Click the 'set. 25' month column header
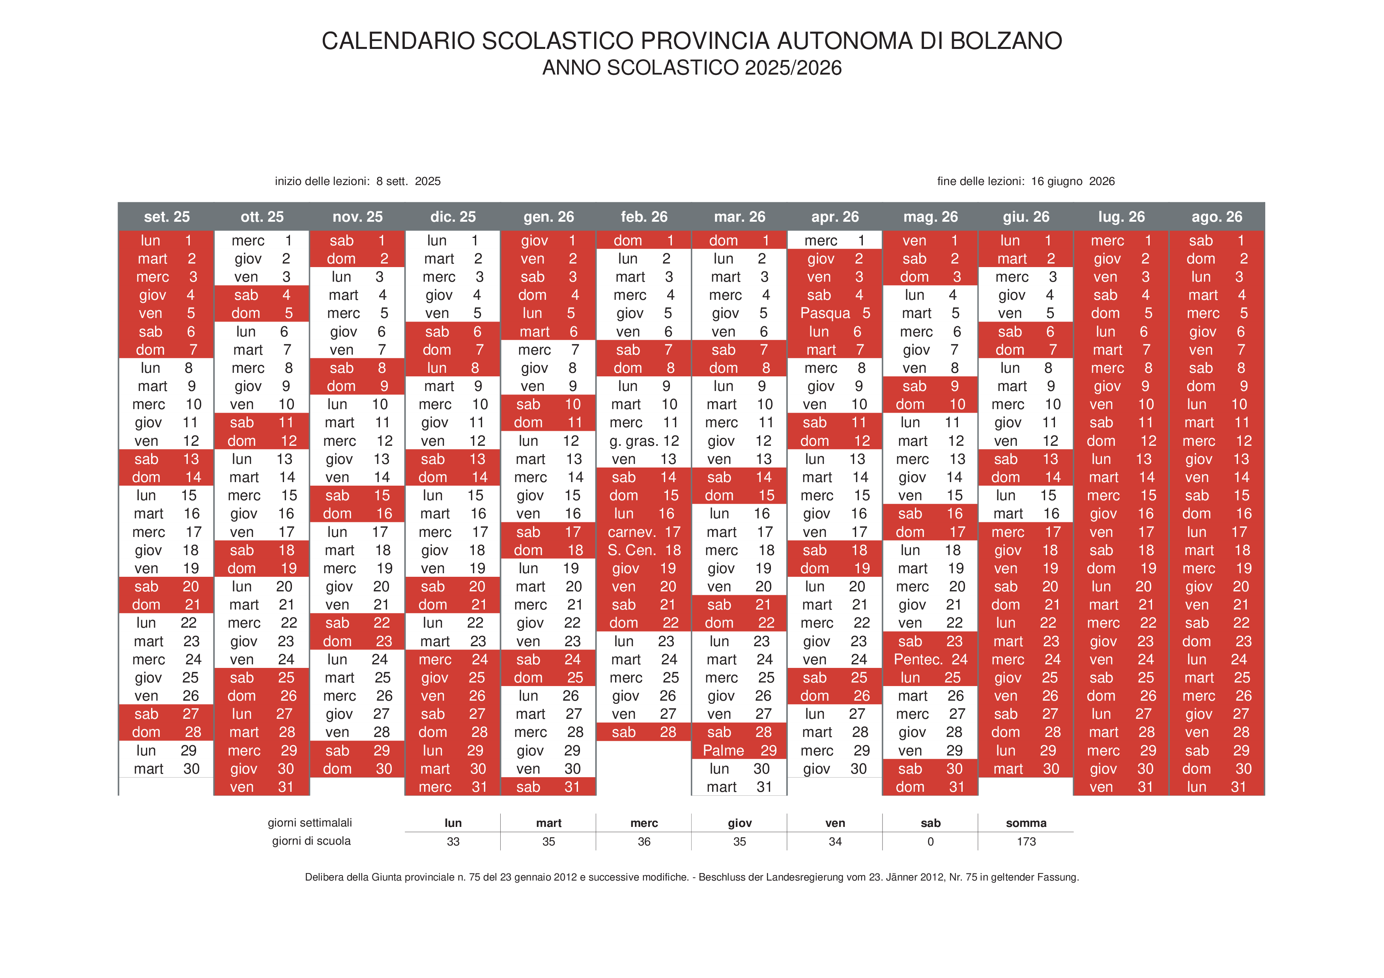coord(166,217)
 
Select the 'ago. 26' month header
coord(1216,217)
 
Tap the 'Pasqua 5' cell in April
coord(834,313)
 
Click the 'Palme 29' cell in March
coord(739,750)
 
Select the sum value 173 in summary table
coord(1025,841)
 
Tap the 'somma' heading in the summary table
coord(1025,823)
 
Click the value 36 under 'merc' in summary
coord(644,841)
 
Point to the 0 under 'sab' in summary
coord(930,841)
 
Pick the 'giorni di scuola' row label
coord(311,841)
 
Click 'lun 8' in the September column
coord(166,368)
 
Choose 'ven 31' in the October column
coord(261,787)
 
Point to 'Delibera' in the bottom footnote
coord(325,877)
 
